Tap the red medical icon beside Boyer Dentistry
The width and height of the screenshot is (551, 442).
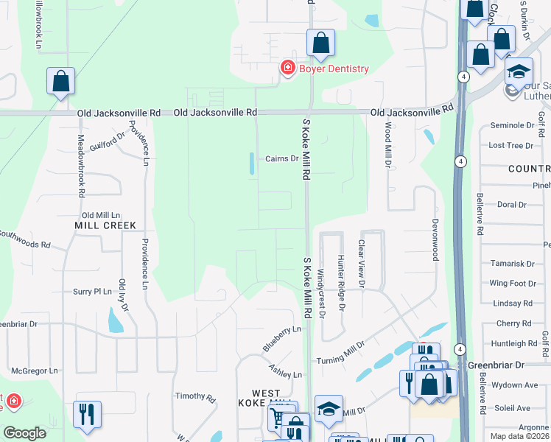pos(287,69)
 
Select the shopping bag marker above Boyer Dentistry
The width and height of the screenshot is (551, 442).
pos(320,44)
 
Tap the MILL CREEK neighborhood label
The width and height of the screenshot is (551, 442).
pos(105,225)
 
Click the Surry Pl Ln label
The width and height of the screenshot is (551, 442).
pos(92,291)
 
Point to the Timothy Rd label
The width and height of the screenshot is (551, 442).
pos(195,397)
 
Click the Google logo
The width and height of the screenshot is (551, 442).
pos(25,433)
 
